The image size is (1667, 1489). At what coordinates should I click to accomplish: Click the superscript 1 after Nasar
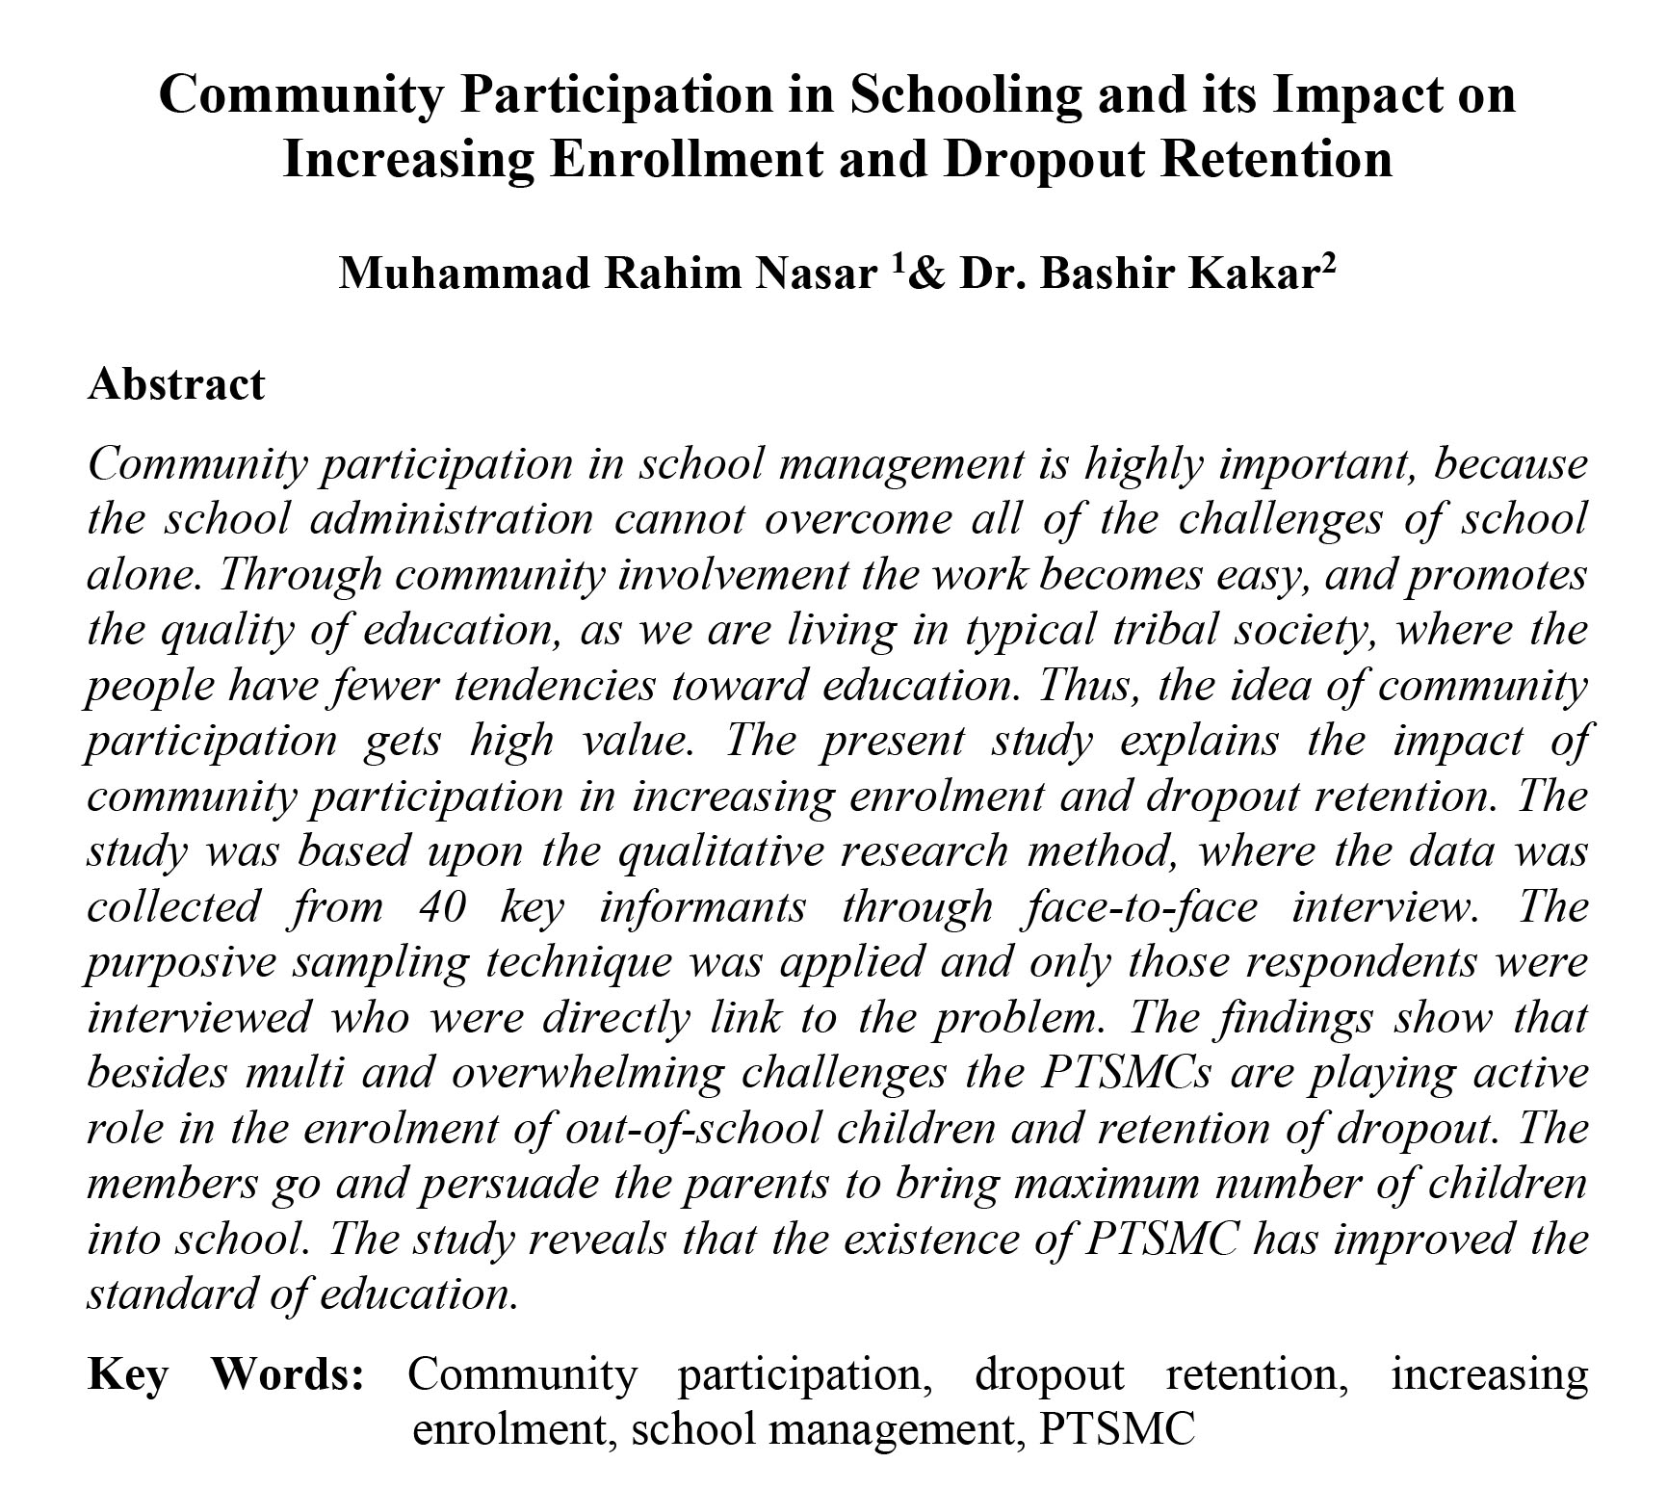click(898, 265)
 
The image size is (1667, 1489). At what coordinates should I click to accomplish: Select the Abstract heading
click(175, 383)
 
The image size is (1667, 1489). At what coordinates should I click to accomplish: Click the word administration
click(452, 520)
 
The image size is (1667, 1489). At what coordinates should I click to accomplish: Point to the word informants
click(702, 907)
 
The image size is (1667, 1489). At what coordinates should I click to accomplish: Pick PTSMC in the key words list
click(1117, 1428)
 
